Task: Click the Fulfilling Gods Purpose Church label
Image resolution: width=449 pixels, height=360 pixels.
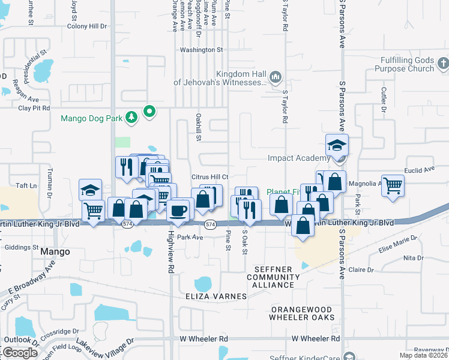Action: click(399, 65)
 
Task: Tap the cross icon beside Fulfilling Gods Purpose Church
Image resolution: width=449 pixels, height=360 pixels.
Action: click(443, 62)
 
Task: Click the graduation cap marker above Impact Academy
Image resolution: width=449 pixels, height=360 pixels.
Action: click(337, 146)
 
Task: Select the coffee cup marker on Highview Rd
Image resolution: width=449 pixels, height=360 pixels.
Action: click(178, 209)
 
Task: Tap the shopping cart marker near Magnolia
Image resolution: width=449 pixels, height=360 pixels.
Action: click(393, 185)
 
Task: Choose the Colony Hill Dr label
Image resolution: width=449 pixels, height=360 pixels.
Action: click(86, 26)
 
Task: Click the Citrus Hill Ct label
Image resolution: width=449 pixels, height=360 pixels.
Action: click(209, 176)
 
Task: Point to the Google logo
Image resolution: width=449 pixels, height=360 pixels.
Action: click(20, 353)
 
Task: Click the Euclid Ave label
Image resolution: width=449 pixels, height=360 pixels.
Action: click(420, 170)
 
